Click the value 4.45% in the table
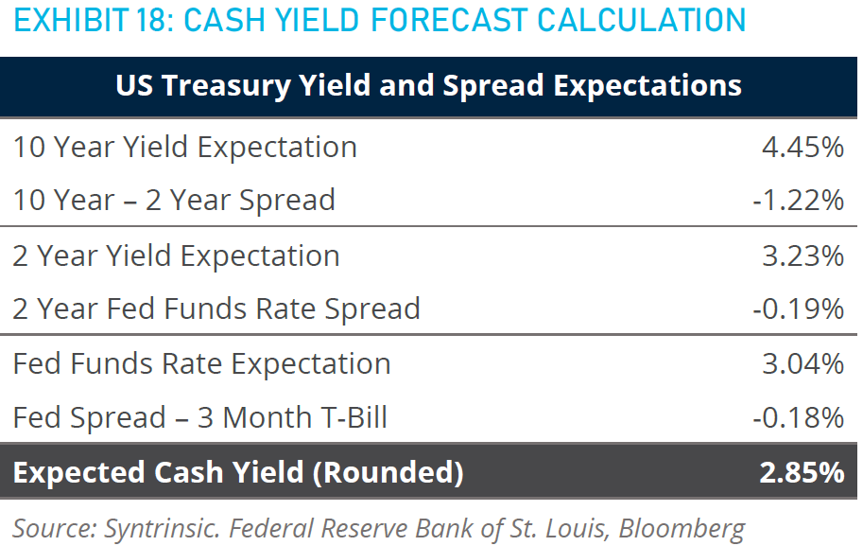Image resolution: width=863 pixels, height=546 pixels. [802, 147]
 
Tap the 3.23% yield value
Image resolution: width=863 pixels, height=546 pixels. [802, 255]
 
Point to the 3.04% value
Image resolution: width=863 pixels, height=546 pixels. [802, 363]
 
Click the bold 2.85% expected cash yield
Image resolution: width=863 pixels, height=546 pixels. [801, 472]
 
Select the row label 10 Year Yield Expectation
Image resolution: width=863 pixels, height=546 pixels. [185, 147]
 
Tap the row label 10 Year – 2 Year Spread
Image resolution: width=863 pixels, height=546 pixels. [174, 200]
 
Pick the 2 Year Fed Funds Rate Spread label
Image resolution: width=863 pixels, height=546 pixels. [216, 308]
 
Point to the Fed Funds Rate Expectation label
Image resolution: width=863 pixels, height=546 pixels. [201, 363]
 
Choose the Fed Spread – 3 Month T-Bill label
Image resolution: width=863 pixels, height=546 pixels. [200, 416]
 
